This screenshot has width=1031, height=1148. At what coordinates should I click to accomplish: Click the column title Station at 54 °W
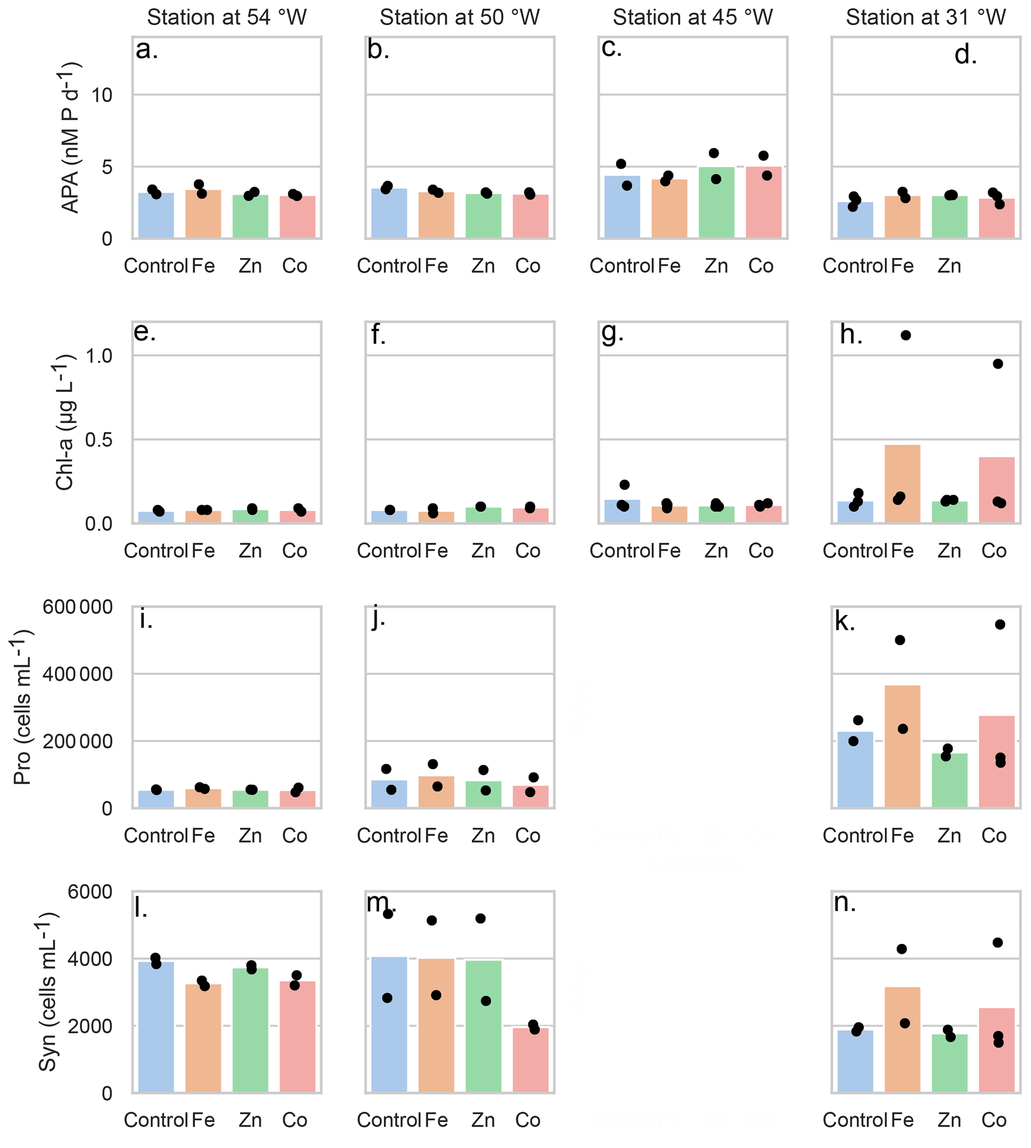(226, 17)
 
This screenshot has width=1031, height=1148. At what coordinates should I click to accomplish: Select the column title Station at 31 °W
(926, 17)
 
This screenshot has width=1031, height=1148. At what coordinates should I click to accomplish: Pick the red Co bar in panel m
(531, 1060)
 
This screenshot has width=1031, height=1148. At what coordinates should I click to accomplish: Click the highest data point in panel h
(906, 335)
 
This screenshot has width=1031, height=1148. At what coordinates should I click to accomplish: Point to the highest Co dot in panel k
(1000, 625)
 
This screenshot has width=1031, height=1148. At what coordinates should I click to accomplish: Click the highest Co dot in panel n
(998, 943)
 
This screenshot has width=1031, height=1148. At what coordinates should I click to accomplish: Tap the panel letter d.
(965, 55)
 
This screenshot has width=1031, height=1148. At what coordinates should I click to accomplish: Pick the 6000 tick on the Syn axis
(90, 892)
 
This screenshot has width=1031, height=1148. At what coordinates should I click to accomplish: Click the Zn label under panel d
(949, 266)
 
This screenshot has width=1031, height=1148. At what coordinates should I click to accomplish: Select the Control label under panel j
(389, 835)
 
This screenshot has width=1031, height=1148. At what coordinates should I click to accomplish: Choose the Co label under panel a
(295, 266)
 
